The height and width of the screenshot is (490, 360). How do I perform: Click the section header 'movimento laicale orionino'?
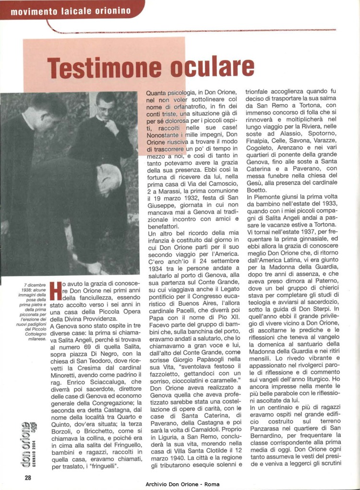(71, 11)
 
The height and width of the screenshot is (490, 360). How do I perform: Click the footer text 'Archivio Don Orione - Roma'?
(182, 484)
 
